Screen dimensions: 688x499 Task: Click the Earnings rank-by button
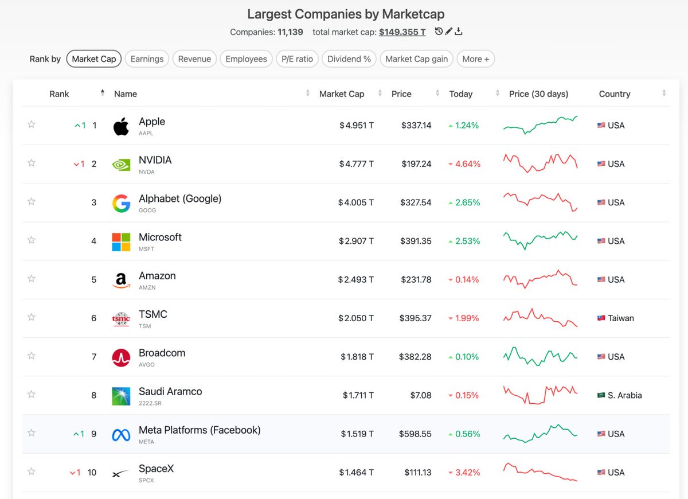[x=147, y=59]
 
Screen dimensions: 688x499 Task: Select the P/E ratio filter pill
[x=297, y=59]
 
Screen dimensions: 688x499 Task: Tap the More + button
[x=475, y=59]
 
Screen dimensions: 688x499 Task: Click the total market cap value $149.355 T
[x=402, y=32]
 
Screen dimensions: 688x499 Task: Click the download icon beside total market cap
[x=458, y=32]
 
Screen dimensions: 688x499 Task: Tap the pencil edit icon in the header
[x=449, y=31]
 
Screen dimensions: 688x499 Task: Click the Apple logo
[x=121, y=126]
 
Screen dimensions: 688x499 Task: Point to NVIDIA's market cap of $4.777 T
[x=356, y=164]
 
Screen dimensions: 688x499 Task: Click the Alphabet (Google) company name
[x=180, y=198]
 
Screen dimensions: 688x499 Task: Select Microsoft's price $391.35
[x=416, y=241]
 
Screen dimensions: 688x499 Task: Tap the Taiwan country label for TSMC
[x=621, y=318]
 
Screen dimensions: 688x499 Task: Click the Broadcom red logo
[x=121, y=358]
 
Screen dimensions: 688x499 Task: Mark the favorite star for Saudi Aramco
[x=32, y=394]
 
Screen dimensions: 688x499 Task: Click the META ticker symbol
[x=146, y=442]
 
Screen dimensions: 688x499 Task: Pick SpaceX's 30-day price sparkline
[x=540, y=472]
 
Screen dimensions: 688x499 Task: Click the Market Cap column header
[x=342, y=93]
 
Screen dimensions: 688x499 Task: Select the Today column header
[x=461, y=93]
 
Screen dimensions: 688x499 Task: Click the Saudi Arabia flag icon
[x=601, y=395]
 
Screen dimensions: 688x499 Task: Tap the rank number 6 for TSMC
[x=93, y=318]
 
